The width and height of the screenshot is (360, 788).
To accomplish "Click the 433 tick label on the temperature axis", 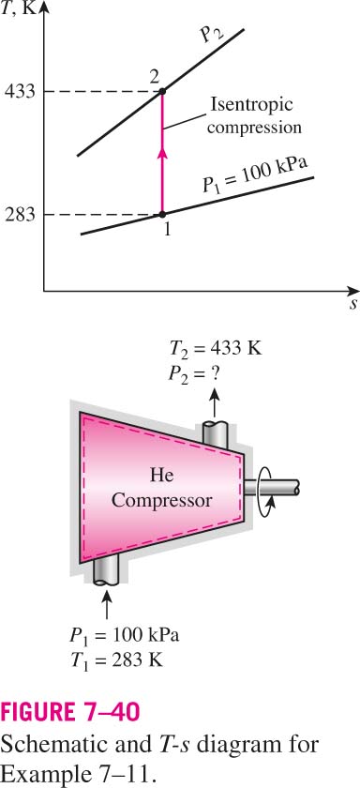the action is pos(20,92).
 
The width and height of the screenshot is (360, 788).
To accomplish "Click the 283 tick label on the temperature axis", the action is pos(20,215).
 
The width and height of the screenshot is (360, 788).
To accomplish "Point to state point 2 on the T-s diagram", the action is pos(162,91).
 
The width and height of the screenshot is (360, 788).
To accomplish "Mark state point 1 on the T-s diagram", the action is pos(162,215).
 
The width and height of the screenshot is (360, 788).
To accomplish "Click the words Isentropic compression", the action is pos(255,116).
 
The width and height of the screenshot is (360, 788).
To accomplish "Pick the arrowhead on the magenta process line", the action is pos(162,153).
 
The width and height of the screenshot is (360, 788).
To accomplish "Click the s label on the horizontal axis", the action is pos(353,306).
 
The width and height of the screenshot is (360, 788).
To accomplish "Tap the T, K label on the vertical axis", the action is pos(21,8).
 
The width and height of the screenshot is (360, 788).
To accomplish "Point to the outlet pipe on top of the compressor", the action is pos(215,434).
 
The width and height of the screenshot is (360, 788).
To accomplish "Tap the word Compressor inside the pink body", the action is pos(161,500).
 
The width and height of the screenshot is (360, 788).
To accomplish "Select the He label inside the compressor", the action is pos(161,475).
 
